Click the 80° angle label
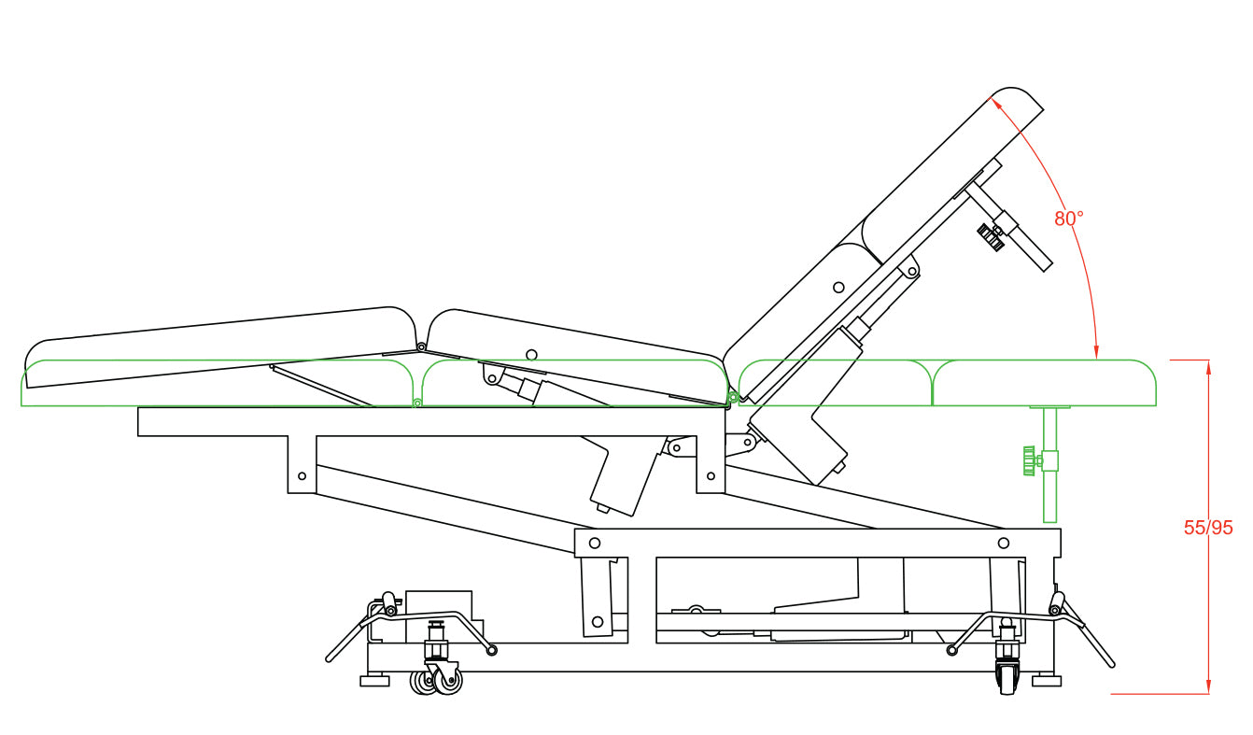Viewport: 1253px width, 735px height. point(1068,219)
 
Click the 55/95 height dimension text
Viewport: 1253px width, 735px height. point(1208,528)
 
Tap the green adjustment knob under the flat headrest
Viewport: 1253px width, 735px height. point(1029,461)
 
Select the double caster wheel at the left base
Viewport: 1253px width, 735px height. point(436,682)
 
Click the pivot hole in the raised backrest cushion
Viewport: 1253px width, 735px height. point(838,288)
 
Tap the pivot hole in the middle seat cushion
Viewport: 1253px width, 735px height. point(532,355)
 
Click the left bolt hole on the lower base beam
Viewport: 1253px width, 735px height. point(595,544)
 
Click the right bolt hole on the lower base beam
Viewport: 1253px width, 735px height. point(1004,544)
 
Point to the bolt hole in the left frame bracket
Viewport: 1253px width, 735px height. point(303,476)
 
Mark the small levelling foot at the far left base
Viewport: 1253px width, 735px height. point(374,680)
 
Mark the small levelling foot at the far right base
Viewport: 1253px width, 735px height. point(1046,680)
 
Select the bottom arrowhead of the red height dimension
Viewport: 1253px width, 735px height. point(1209,686)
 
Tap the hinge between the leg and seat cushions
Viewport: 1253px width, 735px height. point(421,346)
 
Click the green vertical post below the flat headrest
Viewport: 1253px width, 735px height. point(1050,464)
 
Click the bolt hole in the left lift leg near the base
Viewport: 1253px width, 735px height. point(598,621)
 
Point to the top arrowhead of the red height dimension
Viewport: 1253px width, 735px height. point(1209,368)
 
